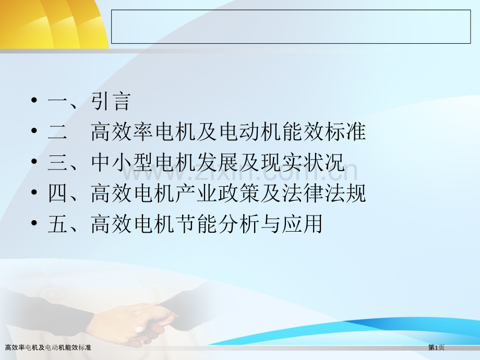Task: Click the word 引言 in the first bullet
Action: point(110,101)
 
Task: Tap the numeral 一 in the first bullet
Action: point(57,102)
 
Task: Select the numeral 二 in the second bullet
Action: point(57,132)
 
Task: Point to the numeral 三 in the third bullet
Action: point(57,163)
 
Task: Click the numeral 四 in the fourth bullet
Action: point(57,194)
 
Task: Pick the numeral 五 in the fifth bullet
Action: point(57,224)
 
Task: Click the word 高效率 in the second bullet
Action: point(123,132)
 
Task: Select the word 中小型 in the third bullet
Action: point(123,163)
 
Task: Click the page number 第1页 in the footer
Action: point(437,347)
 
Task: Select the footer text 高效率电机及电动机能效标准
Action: point(48,347)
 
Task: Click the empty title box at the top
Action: point(291,27)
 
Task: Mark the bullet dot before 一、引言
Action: point(34,102)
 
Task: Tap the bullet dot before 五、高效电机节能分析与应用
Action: point(34,224)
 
